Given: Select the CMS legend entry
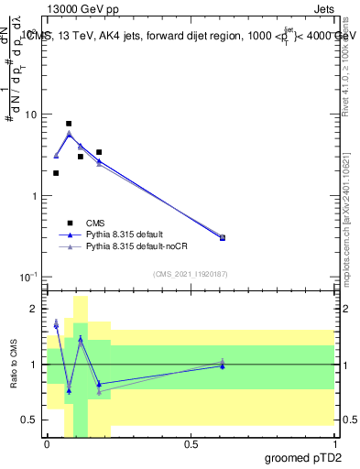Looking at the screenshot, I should [x=95, y=222].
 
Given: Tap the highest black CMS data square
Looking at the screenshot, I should [x=69, y=124].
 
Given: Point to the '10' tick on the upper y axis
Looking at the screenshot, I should [x=32, y=115].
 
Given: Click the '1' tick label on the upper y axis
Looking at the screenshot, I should [x=35, y=196].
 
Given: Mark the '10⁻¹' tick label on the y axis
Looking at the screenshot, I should [x=29, y=277].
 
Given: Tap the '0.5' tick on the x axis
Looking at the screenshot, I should [x=191, y=444].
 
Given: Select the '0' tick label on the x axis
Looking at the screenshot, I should [x=47, y=444].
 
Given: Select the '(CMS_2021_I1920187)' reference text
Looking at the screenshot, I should [x=191, y=274].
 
